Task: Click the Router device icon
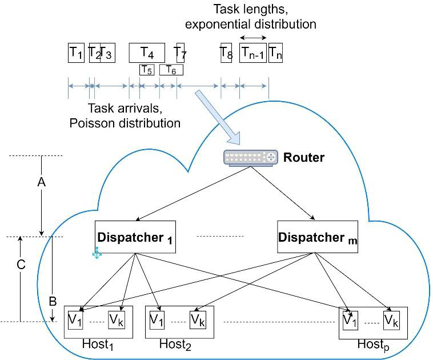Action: coord(250,157)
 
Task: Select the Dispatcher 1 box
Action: coord(135,237)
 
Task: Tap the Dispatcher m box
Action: coord(317,237)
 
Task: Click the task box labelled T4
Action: coord(147,53)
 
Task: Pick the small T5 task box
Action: coord(147,70)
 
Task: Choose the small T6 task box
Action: coord(171,70)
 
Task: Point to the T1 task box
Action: coord(76,53)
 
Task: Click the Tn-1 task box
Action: coord(253,53)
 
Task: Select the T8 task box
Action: coord(226,53)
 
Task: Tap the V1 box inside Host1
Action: coord(75,319)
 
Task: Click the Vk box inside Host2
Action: coord(198,319)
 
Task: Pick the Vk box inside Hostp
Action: coord(391,319)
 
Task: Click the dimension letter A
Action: coord(41,182)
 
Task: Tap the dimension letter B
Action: coord(52,301)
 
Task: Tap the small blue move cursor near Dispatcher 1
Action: coord(97,253)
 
